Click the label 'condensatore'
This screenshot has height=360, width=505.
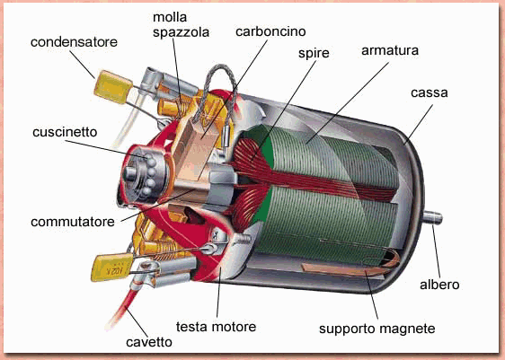tap(74, 42)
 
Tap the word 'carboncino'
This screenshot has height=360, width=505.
tap(270, 31)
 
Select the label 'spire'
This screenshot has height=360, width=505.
tap(314, 54)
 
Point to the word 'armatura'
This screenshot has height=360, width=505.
tap(390, 50)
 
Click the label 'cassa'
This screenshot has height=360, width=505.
tap(430, 93)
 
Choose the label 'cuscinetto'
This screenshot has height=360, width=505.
tap(65, 132)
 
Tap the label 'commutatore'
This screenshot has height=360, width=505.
tap(73, 222)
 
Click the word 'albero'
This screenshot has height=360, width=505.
tap(439, 285)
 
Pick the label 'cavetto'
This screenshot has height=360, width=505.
tap(149, 342)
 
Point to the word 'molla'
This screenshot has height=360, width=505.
tap(170, 17)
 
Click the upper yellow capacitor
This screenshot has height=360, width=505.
tap(113, 87)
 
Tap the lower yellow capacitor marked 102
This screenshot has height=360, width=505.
tap(111, 268)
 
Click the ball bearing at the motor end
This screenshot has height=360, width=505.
tap(144, 174)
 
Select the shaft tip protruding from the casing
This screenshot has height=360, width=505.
tap(433, 217)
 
